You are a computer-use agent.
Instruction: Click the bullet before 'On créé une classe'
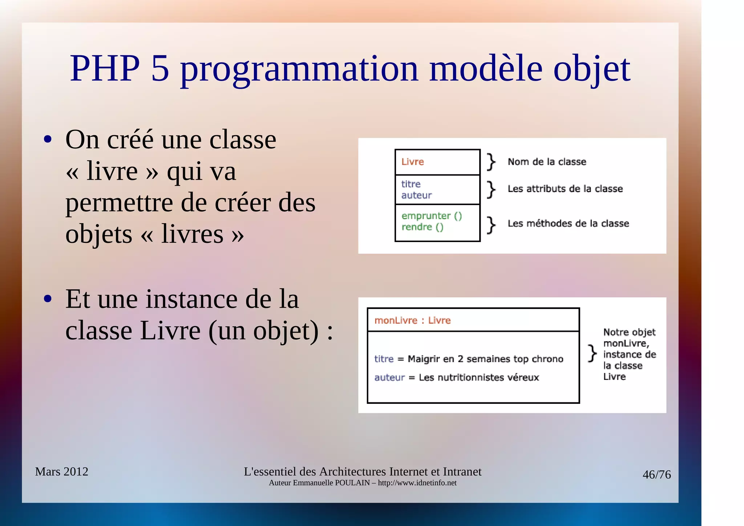pos(48,140)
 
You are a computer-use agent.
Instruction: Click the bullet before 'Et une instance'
pos(48,299)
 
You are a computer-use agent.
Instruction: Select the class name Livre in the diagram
pos(412,162)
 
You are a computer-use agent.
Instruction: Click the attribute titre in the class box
pos(411,184)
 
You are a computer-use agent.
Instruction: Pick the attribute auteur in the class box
pos(416,195)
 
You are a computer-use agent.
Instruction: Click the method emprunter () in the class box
pos(432,216)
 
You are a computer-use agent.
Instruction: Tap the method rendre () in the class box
pos(422,227)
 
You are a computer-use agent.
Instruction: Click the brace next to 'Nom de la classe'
pos(491,162)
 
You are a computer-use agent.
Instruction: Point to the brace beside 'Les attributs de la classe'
pos(491,189)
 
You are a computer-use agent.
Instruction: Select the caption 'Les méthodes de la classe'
pos(568,223)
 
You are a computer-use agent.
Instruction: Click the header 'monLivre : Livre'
pos(412,320)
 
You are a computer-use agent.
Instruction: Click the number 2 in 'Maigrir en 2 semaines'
pos(460,359)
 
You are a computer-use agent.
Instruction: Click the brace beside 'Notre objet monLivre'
pos(592,353)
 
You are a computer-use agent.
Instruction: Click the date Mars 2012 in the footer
pos(61,471)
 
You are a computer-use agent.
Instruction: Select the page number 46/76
pos(656,475)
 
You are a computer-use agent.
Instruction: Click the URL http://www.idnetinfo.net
pos(417,483)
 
